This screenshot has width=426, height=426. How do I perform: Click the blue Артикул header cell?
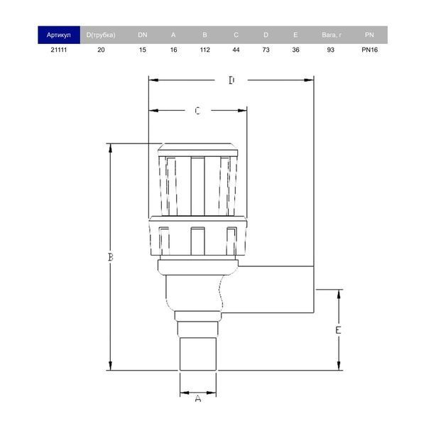coord(59,35)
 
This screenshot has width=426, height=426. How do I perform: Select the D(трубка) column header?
coord(101,35)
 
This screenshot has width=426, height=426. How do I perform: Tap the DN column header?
coord(143,35)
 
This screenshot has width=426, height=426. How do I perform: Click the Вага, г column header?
coord(332,35)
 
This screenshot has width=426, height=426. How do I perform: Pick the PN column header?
coord(369,35)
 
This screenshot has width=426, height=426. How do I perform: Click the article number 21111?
coord(59,50)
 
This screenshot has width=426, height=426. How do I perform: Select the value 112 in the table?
coord(205,50)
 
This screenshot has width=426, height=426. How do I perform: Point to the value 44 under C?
coord(236,50)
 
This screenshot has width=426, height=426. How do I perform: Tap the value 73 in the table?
coord(266,50)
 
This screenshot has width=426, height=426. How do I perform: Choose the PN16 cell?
coord(369,50)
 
